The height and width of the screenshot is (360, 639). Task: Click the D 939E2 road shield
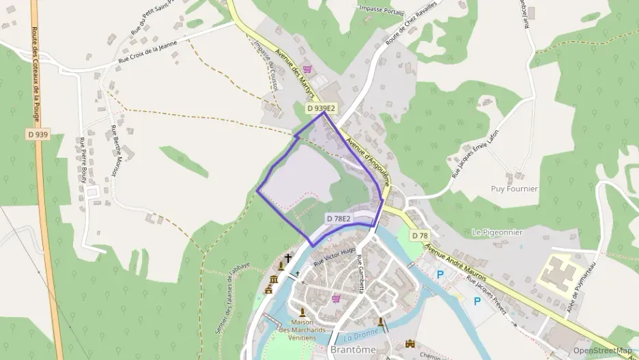321,108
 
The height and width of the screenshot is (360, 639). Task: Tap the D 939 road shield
38,135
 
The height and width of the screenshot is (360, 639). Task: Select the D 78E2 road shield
339,219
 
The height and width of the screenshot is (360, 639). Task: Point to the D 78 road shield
419,236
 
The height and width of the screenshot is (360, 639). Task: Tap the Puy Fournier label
514,189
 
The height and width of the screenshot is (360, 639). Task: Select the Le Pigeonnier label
497,232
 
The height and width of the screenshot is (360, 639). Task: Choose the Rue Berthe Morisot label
113,152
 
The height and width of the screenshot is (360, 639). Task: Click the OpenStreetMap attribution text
602,350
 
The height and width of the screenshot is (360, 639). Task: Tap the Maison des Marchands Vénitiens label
302,330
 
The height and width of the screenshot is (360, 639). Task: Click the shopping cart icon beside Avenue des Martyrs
307,68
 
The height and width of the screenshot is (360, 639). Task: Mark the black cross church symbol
288,258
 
